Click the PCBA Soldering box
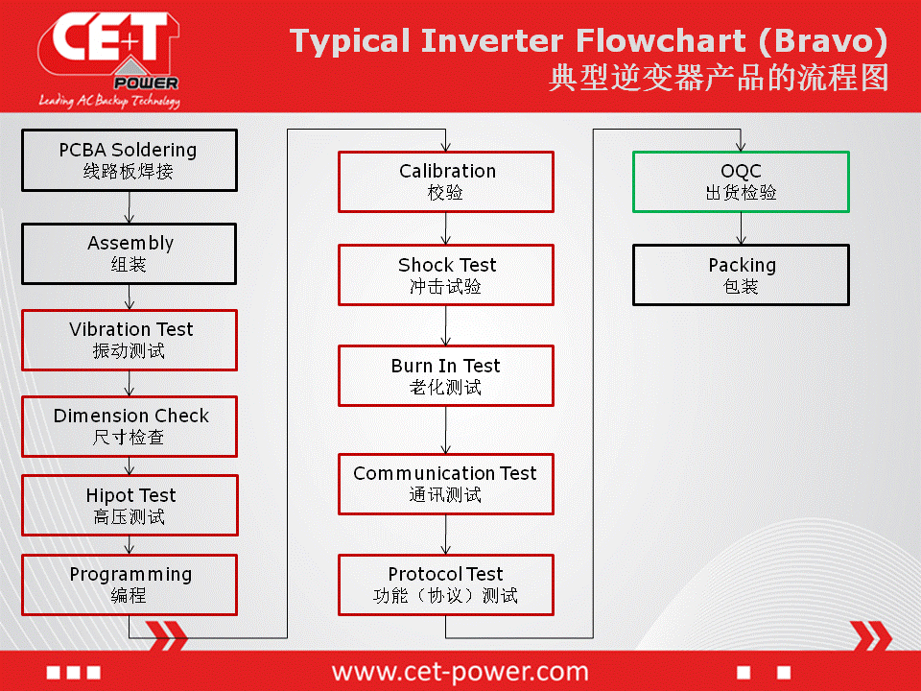(130, 160)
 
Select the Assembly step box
(130, 253)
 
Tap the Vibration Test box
(130, 340)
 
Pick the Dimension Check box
(130, 426)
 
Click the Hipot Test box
(130, 506)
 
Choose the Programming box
(130, 584)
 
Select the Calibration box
(446, 181)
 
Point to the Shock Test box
(446, 275)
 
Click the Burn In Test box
(446, 376)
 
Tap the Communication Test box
(446, 484)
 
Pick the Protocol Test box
(446, 584)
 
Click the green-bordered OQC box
(741, 181)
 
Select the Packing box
(741, 275)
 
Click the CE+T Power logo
(109, 59)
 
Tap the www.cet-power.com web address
(460, 671)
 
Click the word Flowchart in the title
(661, 40)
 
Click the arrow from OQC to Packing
(741, 228)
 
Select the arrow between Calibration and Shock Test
(446, 228)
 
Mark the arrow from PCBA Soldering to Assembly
(130, 207)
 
